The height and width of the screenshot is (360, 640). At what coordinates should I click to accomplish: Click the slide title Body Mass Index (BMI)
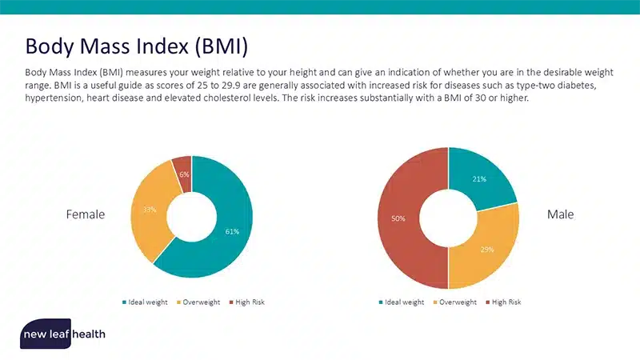tap(137, 44)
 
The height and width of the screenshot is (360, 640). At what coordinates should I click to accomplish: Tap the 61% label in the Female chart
tap(232, 232)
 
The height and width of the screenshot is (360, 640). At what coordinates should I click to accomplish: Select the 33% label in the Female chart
tap(150, 210)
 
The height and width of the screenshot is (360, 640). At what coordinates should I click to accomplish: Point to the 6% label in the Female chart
tap(184, 174)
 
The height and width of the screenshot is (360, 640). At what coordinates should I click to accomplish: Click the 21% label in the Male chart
tap(479, 179)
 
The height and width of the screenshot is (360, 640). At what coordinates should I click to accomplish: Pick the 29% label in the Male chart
tap(487, 250)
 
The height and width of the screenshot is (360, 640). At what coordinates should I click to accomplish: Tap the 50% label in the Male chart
tap(398, 218)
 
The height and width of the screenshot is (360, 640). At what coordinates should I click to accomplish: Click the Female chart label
tap(86, 214)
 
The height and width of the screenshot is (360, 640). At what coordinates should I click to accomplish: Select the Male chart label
tap(560, 214)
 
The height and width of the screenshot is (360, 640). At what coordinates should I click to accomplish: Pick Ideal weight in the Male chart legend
tap(404, 302)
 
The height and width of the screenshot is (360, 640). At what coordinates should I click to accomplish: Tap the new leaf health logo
tap(63, 333)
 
